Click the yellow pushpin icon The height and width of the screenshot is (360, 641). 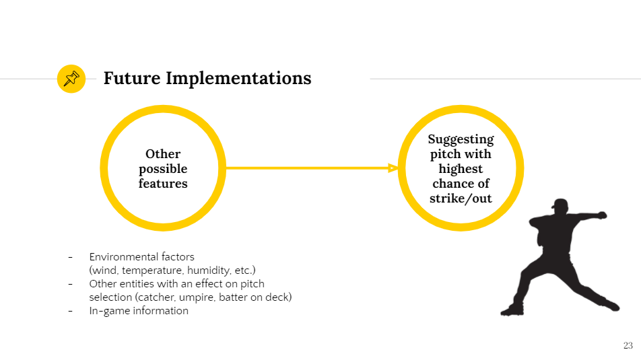(71, 79)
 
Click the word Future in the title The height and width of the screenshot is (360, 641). (132, 78)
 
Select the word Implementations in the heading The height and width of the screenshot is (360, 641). (238, 79)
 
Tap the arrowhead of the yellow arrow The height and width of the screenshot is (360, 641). (393, 168)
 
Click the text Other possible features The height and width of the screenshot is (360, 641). (163, 168)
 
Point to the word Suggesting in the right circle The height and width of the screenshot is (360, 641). (461, 140)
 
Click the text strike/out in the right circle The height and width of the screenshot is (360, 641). (461, 199)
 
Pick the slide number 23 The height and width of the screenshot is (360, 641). (628, 345)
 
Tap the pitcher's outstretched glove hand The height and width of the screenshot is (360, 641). (601, 215)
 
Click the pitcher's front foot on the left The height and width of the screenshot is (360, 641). (512, 311)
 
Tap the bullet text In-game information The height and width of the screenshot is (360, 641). (139, 311)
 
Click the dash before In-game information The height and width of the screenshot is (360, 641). (70, 311)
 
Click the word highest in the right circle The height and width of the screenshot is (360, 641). (461, 169)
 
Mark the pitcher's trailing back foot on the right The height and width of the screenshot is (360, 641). (610, 305)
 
